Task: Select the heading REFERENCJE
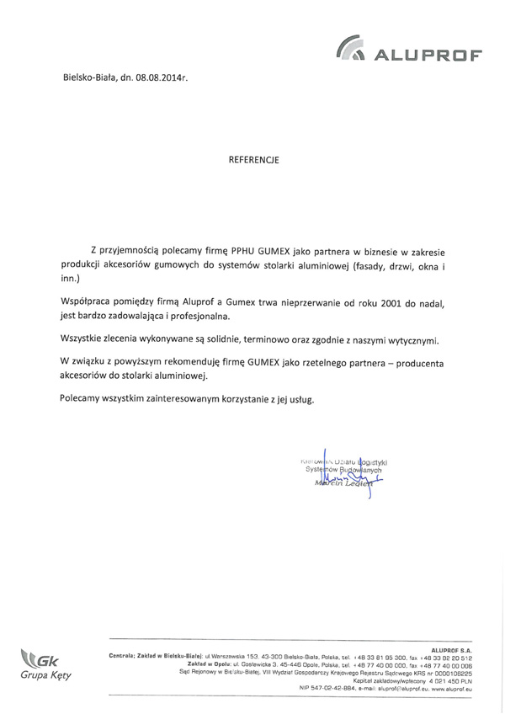tap(253, 157)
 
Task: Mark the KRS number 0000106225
tap(451, 673)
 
